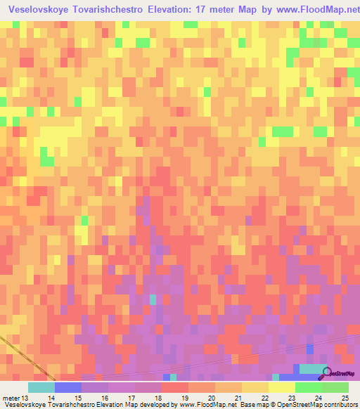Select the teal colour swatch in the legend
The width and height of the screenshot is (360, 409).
coord(41,387)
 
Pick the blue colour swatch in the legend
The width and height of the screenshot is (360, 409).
coord(68,387)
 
